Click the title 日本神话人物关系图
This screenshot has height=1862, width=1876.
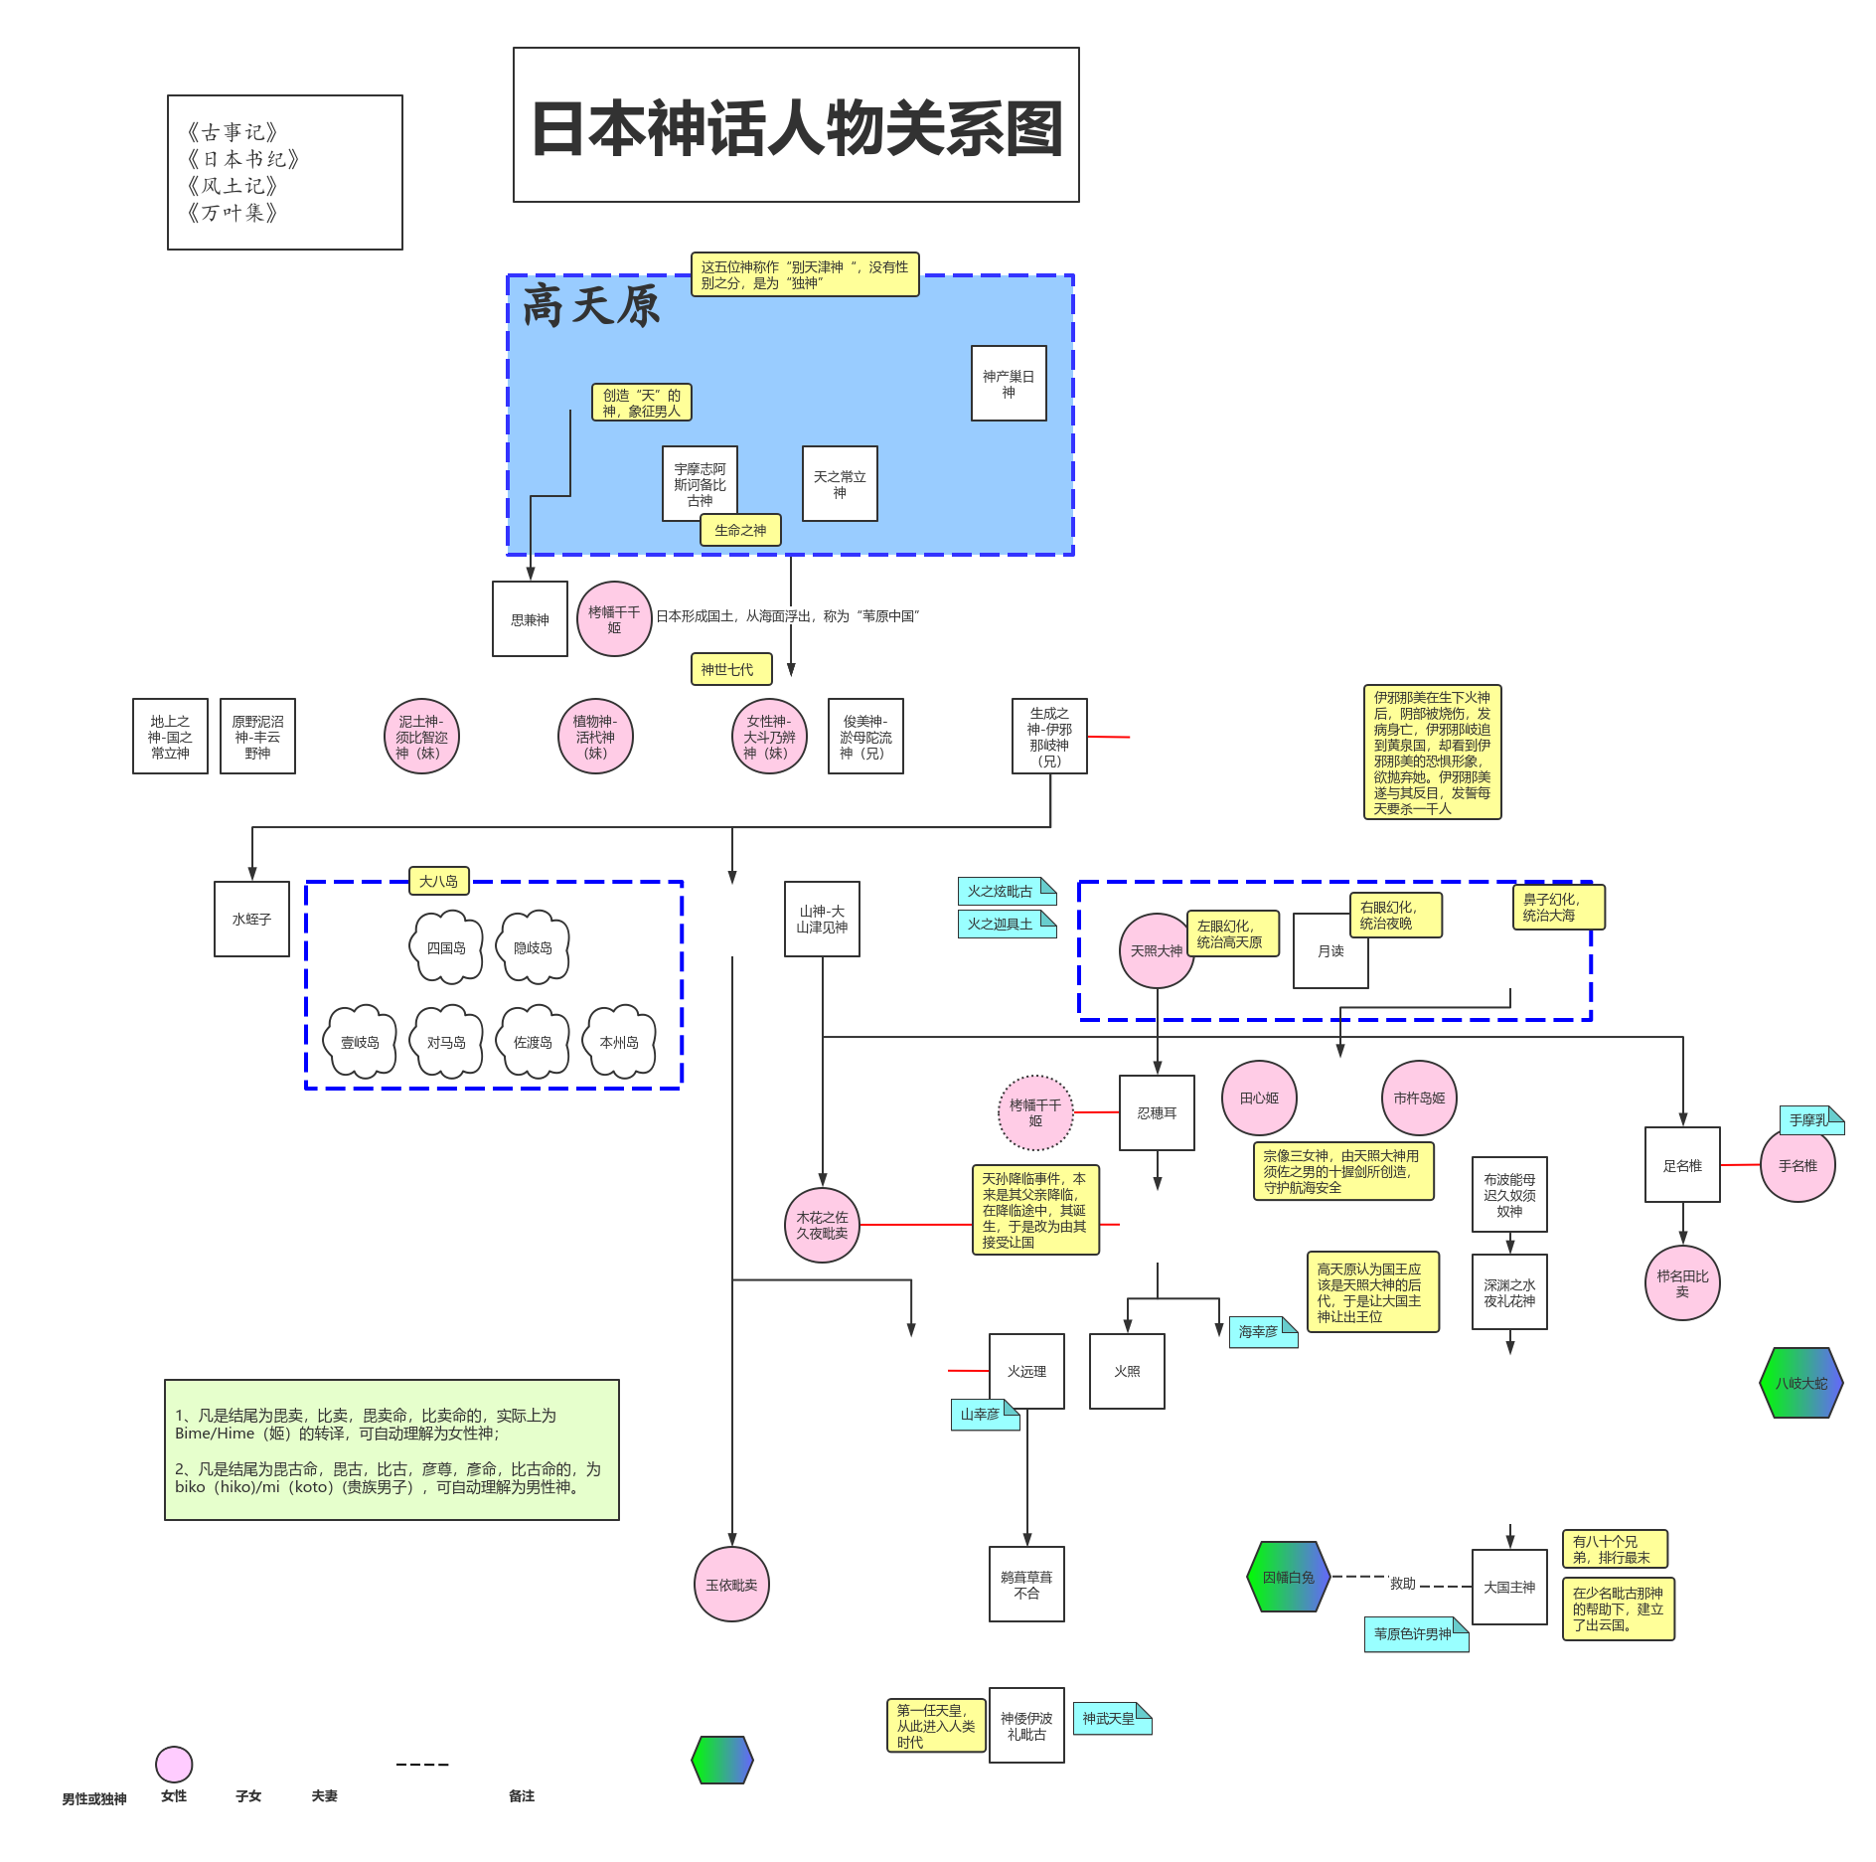pos(796,126)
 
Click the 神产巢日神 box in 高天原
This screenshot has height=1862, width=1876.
pos(1008,384)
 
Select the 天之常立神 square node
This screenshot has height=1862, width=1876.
pos(839,484)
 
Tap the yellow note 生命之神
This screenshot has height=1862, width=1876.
pos(740,530)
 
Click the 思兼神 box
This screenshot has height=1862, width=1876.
pos(530,619)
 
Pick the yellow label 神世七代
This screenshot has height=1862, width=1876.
pos(726,669)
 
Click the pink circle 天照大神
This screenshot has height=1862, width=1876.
pos(1156,951)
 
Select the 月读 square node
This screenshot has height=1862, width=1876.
pos(1329,951)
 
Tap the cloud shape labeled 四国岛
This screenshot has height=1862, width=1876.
pos(446,947)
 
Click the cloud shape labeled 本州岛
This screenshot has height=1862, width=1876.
pos(619,1042)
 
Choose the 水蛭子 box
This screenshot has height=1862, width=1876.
pos(251,920)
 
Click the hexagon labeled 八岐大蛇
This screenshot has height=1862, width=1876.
pos(1800,1383)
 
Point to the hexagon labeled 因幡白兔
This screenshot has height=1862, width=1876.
pos(1288,1577)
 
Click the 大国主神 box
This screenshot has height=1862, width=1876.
pos(1508,1588)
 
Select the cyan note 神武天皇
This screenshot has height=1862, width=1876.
pos(1110,1719)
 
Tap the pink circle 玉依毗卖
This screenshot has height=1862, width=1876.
pos(731,1585)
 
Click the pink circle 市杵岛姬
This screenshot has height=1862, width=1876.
pos(1418,1099)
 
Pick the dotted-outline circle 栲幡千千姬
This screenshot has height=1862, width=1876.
pos(1035,1112)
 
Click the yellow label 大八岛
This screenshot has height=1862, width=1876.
pos(438,881)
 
